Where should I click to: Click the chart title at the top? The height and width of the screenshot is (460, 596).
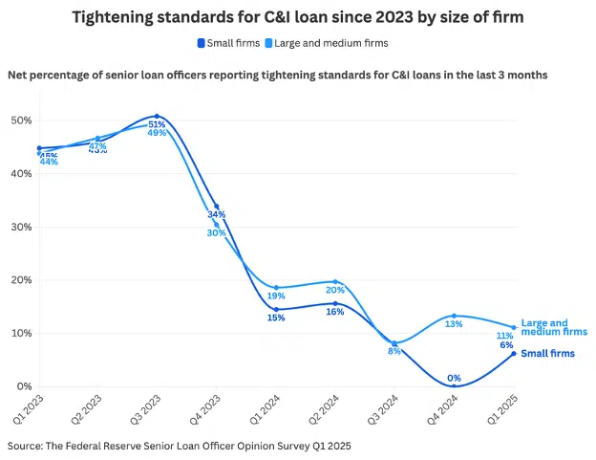point(298,16)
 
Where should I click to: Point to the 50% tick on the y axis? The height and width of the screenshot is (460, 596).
point(21,120)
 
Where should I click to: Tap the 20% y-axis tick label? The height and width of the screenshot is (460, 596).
point(21,280)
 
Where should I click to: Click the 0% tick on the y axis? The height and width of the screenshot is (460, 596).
point(24,386)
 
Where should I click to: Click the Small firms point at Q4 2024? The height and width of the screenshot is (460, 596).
point(455,385)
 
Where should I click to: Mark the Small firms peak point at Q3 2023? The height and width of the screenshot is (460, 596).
point(157,116)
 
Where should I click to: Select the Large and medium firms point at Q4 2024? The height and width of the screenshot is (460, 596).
point(455,316)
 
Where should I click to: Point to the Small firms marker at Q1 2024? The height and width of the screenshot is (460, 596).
point(276,309)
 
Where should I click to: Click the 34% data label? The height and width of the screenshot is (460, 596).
point(217,215)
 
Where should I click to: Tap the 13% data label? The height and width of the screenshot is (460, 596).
point(454,325)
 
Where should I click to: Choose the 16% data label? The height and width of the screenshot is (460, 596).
point(335,313)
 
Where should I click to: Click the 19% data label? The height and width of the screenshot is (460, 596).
point(276,296)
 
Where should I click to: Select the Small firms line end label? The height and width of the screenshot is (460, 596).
point(548,354)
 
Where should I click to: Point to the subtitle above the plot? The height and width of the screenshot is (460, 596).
point(277,75)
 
